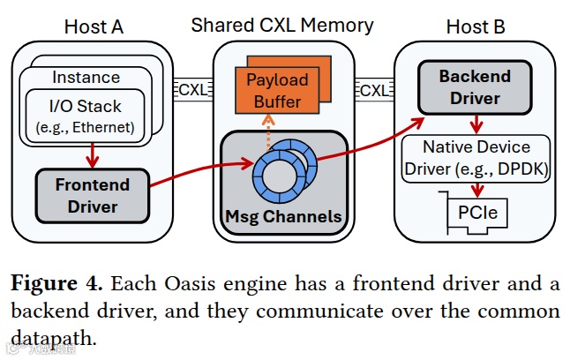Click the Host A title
coord(93,26)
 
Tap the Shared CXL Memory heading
coord(282,25)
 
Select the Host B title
coord(476,26)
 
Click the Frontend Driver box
coord(92,196)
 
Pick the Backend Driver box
coord(475,86)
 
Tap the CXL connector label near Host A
coord(193,90)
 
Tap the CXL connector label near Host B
coord(374,90)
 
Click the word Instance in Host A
coord(86,78)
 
